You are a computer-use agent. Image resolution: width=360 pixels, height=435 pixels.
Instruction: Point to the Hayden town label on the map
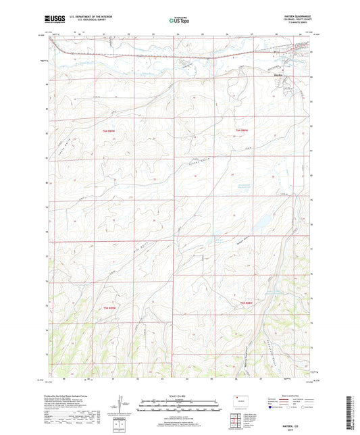(286, 74)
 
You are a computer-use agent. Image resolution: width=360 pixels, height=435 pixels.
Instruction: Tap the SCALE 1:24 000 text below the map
(179, 395)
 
